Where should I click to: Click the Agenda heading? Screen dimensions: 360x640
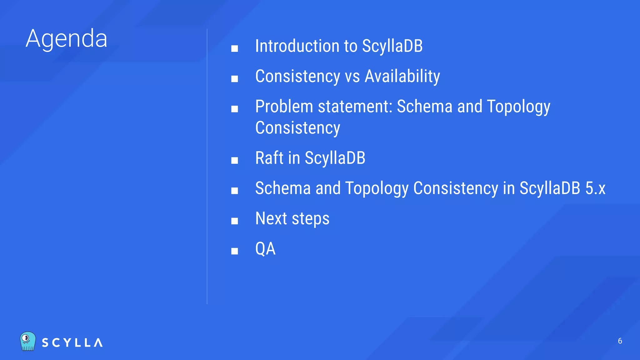[x=67, y=39]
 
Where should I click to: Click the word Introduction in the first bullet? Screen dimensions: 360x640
[x=297, y=46]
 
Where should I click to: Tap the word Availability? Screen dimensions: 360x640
[x=402, y=76]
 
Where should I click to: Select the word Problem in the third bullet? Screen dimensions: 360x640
[x=284, y=107]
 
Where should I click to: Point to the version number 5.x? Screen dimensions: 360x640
[x=595, y=188]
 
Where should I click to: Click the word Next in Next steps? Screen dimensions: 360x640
[x=271, y=218]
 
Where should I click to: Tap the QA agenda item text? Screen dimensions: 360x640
[x=265, y=249]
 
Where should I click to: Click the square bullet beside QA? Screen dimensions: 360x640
[x=234, y=251]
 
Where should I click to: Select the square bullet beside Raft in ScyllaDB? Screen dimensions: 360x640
[x=234, y=160]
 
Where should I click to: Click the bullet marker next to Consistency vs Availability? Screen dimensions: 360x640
[x=234, y=79]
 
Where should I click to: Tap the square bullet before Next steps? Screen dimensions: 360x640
[x=234, y=221]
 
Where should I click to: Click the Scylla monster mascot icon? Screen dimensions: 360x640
[x=28, y=341]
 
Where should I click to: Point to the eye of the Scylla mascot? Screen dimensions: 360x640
[x=26, y=338]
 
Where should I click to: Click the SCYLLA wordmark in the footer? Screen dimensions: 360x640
[x=72, y=343]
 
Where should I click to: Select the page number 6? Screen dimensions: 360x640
[x=620, y=341]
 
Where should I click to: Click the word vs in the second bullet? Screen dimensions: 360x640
[x=352, y=77]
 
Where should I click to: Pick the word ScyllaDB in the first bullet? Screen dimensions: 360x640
[x=392, y=46]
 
